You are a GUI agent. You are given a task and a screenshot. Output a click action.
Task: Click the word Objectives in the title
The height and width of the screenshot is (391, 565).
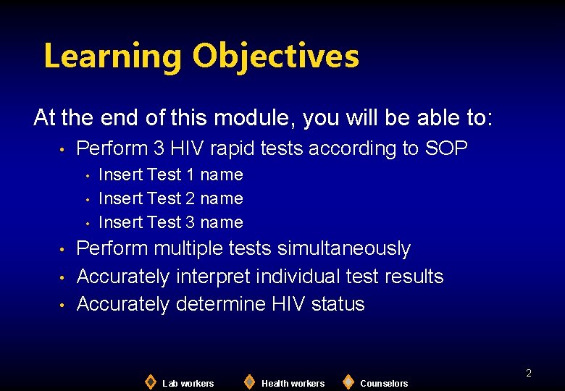[x=276, y=56]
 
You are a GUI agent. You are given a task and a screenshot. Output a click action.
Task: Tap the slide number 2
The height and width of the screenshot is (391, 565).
[x=528, y=373]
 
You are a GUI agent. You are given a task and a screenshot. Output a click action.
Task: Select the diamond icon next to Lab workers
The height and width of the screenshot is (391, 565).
[x=150, y=382]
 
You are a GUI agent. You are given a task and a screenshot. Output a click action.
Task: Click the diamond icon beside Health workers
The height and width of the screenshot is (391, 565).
[x=249, y=382]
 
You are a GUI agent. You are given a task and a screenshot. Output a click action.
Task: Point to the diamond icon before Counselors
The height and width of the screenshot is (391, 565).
[x=348, y=382]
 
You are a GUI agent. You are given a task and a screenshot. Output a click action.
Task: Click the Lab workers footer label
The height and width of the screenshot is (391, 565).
[x=188, y=383]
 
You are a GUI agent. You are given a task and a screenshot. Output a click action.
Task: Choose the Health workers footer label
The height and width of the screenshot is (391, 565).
[x=293, y=383]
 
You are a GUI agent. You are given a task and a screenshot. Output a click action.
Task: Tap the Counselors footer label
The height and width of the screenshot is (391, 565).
[x=384, y=383]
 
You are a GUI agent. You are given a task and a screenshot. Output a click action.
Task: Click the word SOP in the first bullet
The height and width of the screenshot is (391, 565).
[x=446, y=148]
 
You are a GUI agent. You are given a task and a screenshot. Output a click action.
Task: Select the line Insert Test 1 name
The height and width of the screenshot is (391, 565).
[x=170, y=175]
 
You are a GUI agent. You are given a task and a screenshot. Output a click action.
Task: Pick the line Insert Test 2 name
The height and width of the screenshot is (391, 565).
[x=170, y=198]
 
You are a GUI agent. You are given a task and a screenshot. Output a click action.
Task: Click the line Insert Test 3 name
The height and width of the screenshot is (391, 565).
[x=170, y=222]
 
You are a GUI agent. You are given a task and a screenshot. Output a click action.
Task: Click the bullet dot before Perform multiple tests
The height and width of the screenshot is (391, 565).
[x=64, y=250]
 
